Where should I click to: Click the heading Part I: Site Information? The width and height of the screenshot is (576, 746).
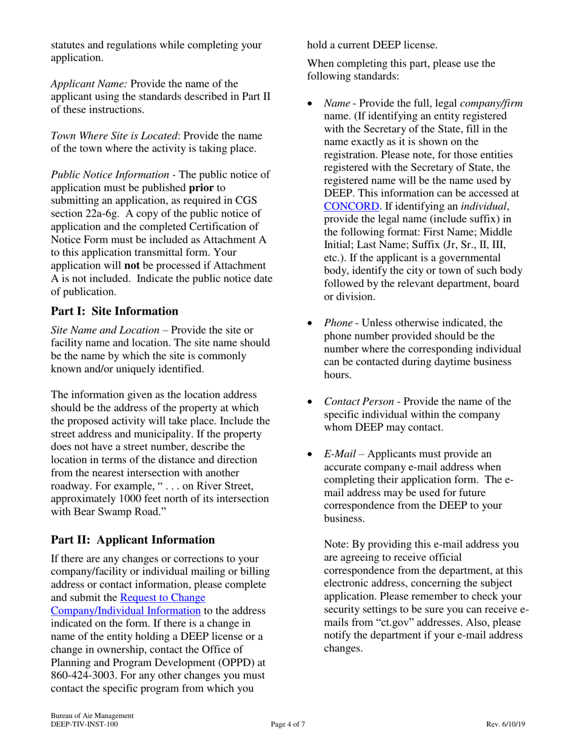pyautogui.click(x=114, y=311)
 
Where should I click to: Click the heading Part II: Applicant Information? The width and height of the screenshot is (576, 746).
pyautogui.click(x=132, y=539)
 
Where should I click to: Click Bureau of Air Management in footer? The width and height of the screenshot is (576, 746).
pyautogui.click(x=92, y=716)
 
